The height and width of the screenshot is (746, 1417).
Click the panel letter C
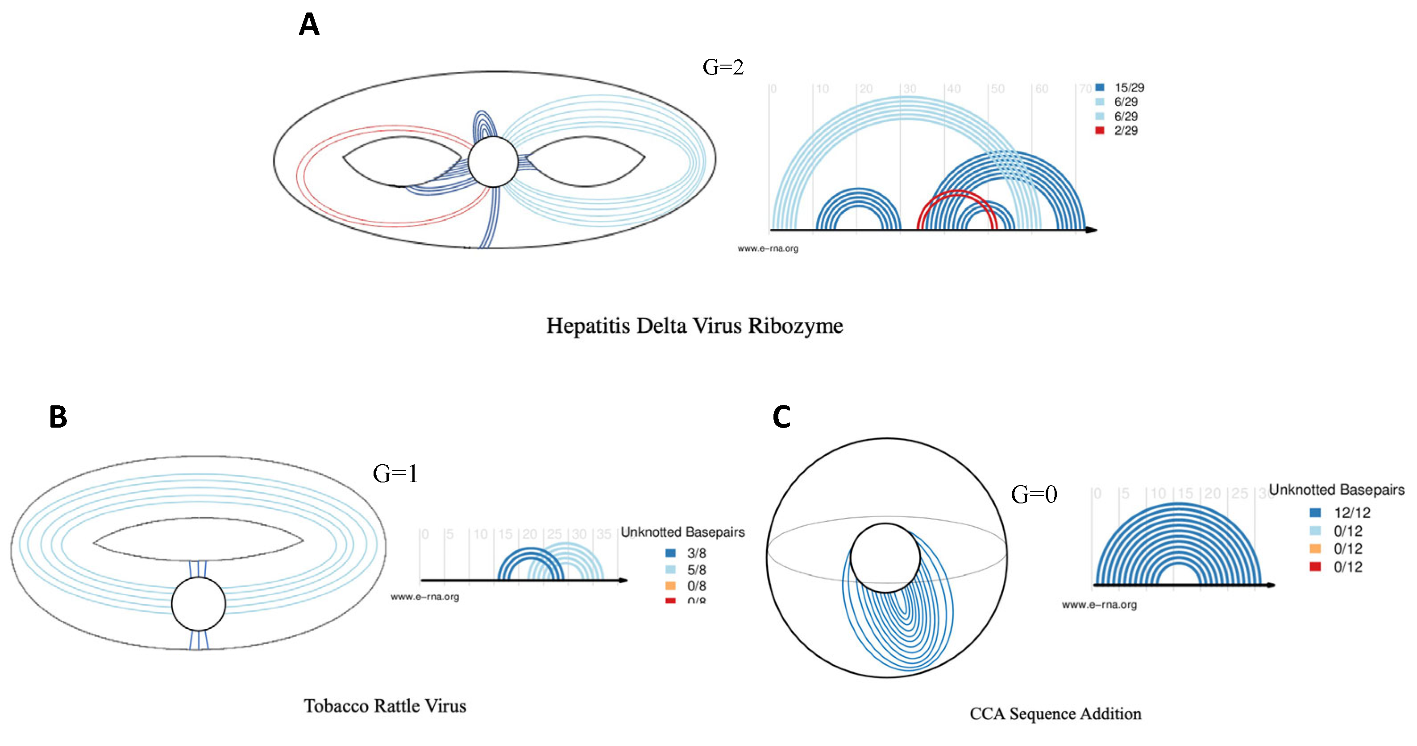781,417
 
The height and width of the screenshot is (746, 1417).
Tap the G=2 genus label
723,67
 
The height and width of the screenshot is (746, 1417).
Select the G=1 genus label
395,473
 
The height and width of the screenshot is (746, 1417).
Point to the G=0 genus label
1034,494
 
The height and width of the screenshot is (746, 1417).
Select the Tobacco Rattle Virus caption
385,706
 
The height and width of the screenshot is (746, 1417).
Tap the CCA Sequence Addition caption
1055,713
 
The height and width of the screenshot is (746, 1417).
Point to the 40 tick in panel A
953,88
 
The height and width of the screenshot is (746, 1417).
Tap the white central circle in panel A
493,161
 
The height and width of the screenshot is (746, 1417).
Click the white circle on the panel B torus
199,604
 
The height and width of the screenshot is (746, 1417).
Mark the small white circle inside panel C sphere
885,557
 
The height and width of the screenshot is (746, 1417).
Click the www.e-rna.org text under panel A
768,248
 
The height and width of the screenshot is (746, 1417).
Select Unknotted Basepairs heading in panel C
1336,489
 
